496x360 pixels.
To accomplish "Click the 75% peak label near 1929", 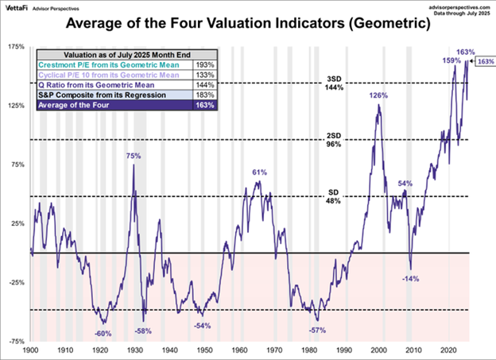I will (x=134, y=157).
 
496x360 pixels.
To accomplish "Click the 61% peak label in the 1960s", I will (x=258, y=172).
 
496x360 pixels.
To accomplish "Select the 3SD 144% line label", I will (x=333, y=83).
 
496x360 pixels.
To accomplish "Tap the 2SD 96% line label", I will (x=333, y=141).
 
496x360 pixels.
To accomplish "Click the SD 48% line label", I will (x=333, y=197).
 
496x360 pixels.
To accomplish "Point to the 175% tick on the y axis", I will (x=16, y=48).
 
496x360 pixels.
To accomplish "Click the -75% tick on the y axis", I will (x=16, y=341).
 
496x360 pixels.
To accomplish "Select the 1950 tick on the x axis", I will (x=204, y=349).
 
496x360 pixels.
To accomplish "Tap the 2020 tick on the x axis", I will (x=448, y=349).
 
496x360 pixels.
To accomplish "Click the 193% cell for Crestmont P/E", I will (x=204, y=61).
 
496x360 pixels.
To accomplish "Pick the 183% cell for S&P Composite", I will (x=204, y=95).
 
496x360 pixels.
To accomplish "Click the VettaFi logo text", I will (x=20, y=7).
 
